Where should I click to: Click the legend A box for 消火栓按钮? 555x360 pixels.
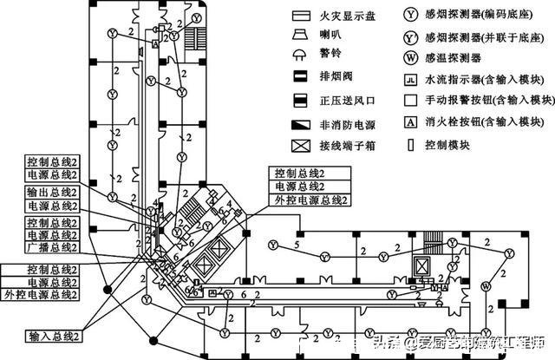pyautogui.click(x=410, y=122)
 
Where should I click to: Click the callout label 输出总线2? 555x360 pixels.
pyautogui.click(x=52, y=191)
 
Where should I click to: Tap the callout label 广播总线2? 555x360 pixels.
pyautogui.click(x=52, y=246)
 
